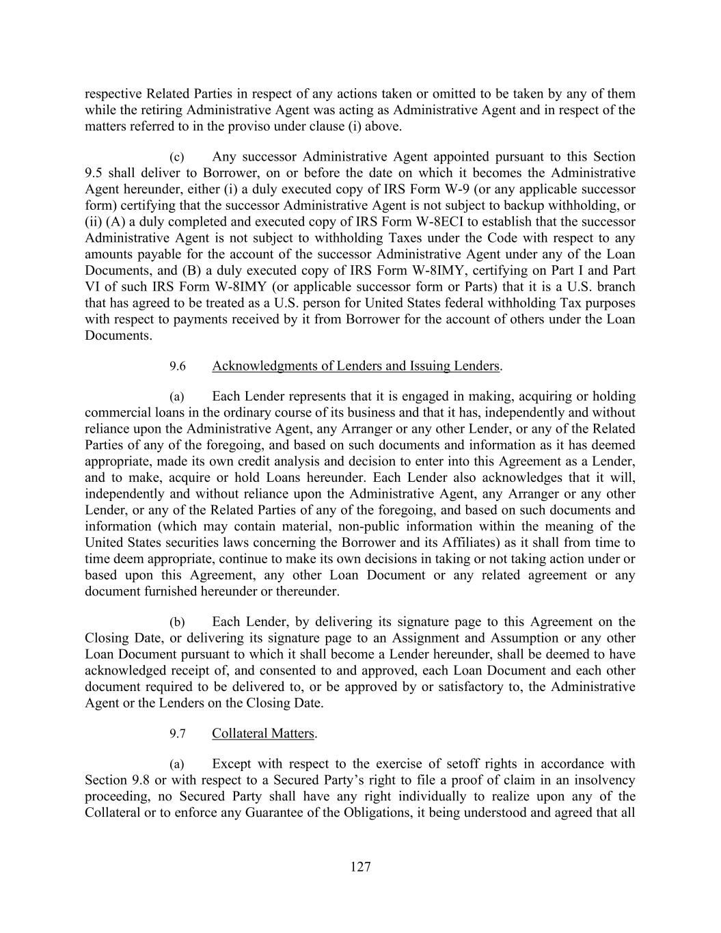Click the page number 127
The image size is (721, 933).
(360, 867)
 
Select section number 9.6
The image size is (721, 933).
(178, 366)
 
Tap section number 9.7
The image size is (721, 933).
(178, 734)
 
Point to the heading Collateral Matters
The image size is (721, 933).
(263, 733)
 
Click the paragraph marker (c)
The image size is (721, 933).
(176, 157)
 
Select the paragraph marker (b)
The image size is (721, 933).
(177, 622)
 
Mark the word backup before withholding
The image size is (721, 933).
(536, 205)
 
